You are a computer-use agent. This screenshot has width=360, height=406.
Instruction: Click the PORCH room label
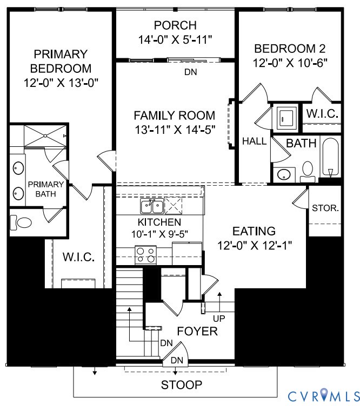[x=175, y=25]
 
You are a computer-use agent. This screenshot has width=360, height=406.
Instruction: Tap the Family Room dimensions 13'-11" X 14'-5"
[x=175, y=130]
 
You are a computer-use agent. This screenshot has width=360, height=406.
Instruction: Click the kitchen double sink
[x=152, y=206]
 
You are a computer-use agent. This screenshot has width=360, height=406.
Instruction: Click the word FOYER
[x=197, y=331]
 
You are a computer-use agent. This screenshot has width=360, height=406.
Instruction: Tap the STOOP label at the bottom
[x=182, y=385]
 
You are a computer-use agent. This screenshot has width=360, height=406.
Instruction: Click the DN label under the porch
[x=190, y=71]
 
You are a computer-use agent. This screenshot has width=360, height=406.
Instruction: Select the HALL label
[x=254, y=141]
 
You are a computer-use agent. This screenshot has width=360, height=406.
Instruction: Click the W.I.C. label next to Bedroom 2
[x=322, y=114]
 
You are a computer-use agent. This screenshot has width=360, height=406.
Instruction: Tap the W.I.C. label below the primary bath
[x=79, y=256]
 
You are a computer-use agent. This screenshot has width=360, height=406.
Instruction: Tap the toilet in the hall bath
[x=308, y=171]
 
